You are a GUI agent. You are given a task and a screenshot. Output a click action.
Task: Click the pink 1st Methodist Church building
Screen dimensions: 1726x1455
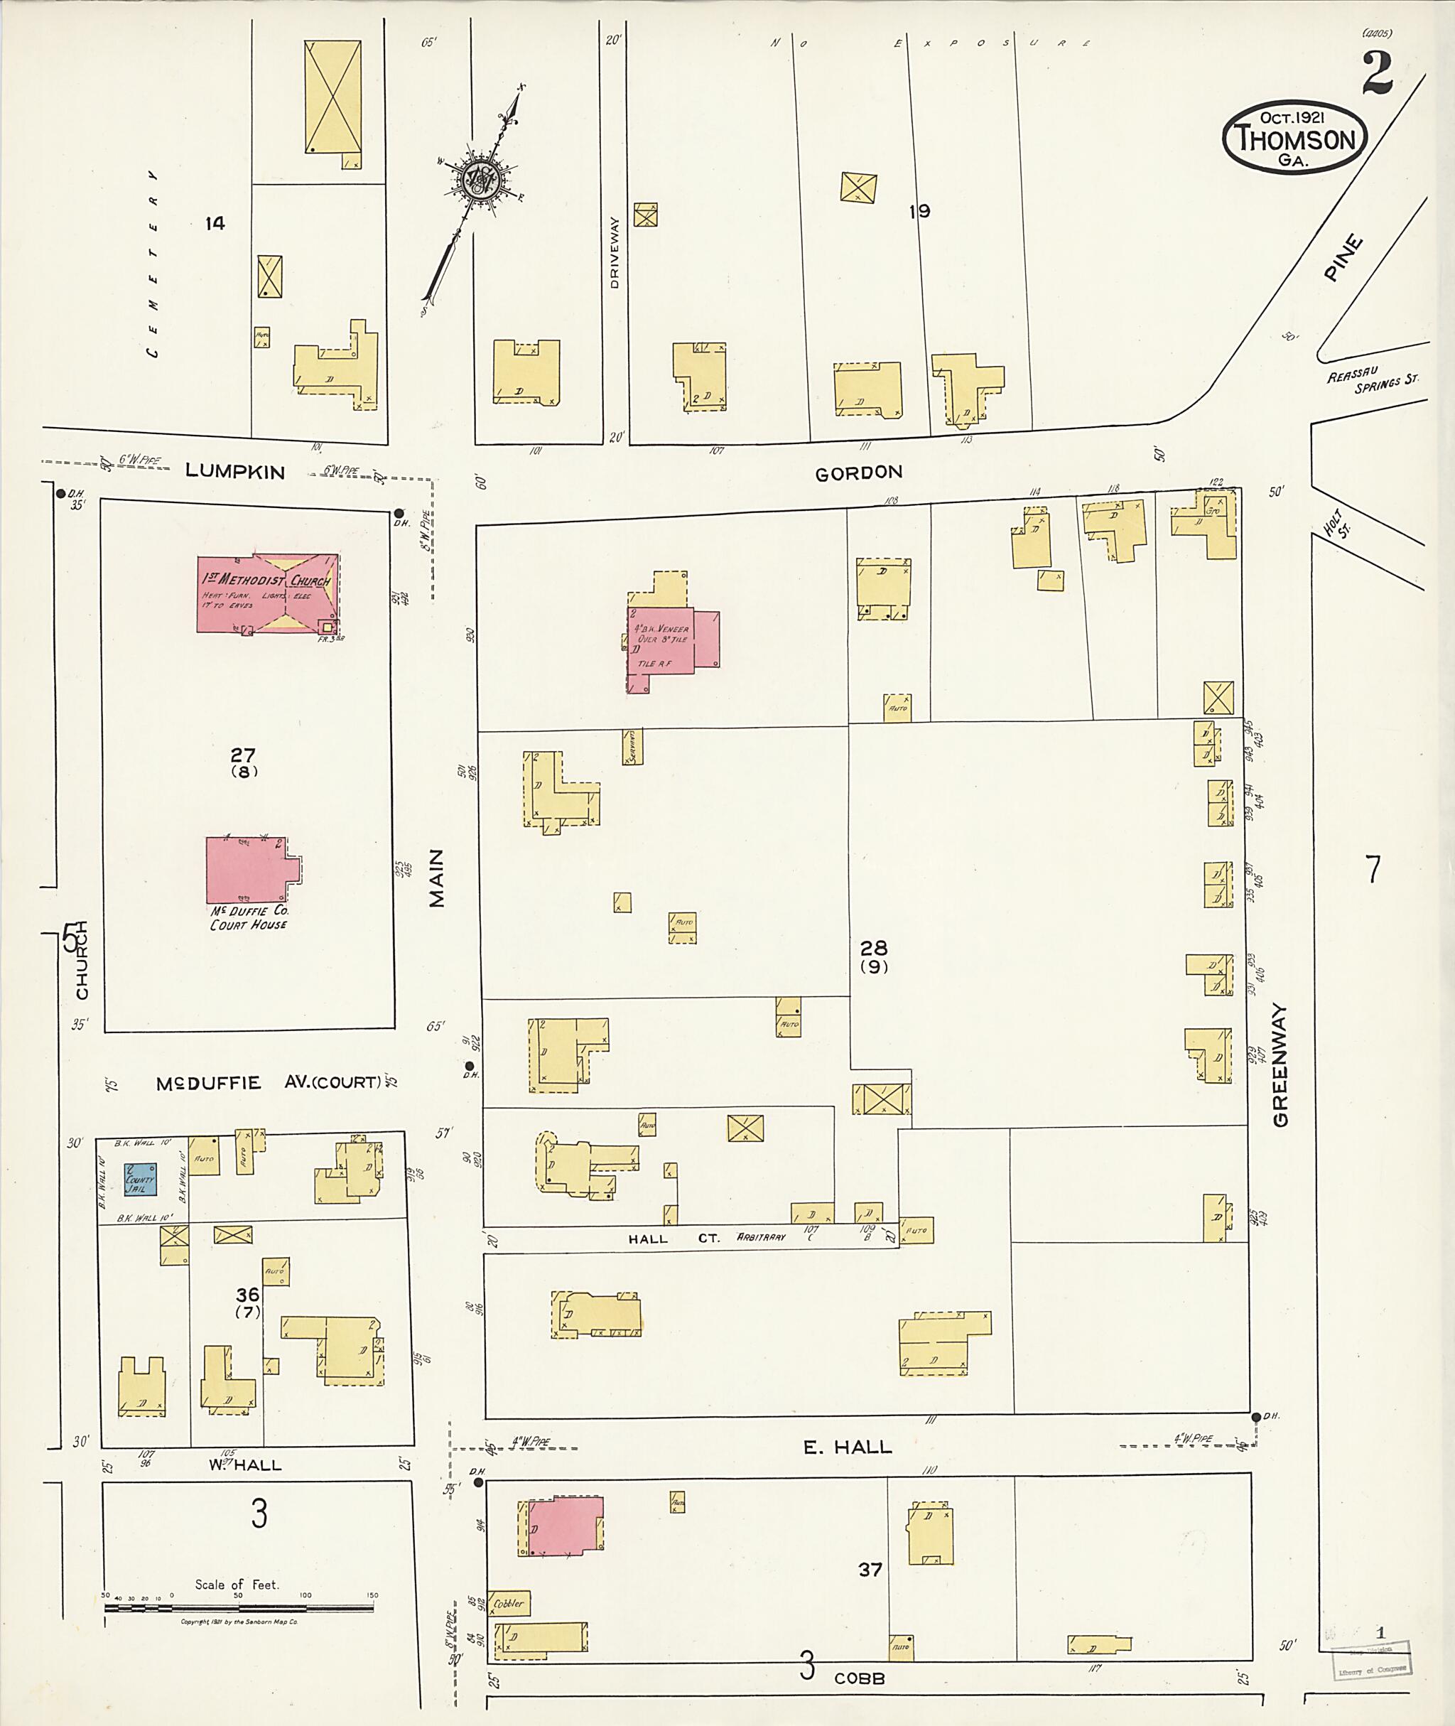click(x=267, y=593)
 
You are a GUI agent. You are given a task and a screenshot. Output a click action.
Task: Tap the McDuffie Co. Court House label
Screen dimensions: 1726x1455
click(x=248, y=917)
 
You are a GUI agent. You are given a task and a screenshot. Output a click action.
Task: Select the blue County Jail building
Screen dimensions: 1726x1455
click(x=140, y=1179)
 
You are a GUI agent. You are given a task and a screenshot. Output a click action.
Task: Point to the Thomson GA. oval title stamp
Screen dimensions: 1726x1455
click(x=1292, y=137)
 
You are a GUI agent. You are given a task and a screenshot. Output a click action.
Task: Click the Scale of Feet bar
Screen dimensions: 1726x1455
click(x=239, y=1607)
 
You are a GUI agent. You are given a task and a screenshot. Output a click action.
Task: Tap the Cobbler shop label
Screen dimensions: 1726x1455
click(x=509, y=1604)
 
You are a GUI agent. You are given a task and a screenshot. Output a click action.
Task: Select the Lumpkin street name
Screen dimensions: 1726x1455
click(x=235, y=471)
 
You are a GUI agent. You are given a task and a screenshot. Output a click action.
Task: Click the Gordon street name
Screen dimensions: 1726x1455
click(x=859, y=473)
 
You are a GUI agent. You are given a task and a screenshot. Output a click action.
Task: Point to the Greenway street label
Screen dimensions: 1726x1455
click(x=1280, y=1064)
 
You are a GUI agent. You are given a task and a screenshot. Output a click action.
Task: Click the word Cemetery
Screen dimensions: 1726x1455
click(x=153, y=264)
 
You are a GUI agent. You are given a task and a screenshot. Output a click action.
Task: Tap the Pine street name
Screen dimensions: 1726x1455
click(x=1342, y=258)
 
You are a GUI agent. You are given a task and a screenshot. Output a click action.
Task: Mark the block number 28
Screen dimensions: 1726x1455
click(x=873, y=948)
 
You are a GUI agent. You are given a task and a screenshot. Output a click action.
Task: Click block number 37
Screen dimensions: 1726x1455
click(x=870, y=1569)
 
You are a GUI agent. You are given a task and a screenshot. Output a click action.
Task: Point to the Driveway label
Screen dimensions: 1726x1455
click(x=614, y=252)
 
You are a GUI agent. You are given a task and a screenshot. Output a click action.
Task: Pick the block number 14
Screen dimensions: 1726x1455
click(x=215, y=222)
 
